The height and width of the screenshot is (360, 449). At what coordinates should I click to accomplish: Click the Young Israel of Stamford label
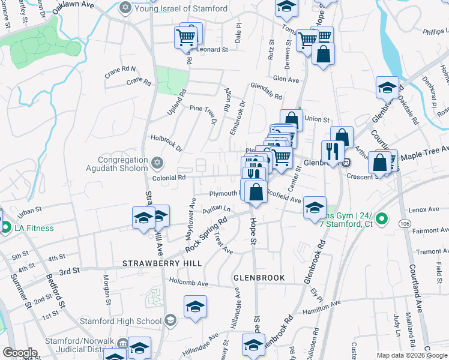click(180, 8)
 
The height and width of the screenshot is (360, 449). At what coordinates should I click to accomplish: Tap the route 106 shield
click(403, 223)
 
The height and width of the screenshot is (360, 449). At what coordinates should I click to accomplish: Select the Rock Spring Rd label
click(206, 235)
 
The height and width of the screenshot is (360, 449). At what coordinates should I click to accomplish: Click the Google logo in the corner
click(20, 353)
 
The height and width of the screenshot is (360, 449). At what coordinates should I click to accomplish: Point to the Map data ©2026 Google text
click(412, 355)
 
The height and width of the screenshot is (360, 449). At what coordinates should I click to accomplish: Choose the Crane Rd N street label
click(120, 70)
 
